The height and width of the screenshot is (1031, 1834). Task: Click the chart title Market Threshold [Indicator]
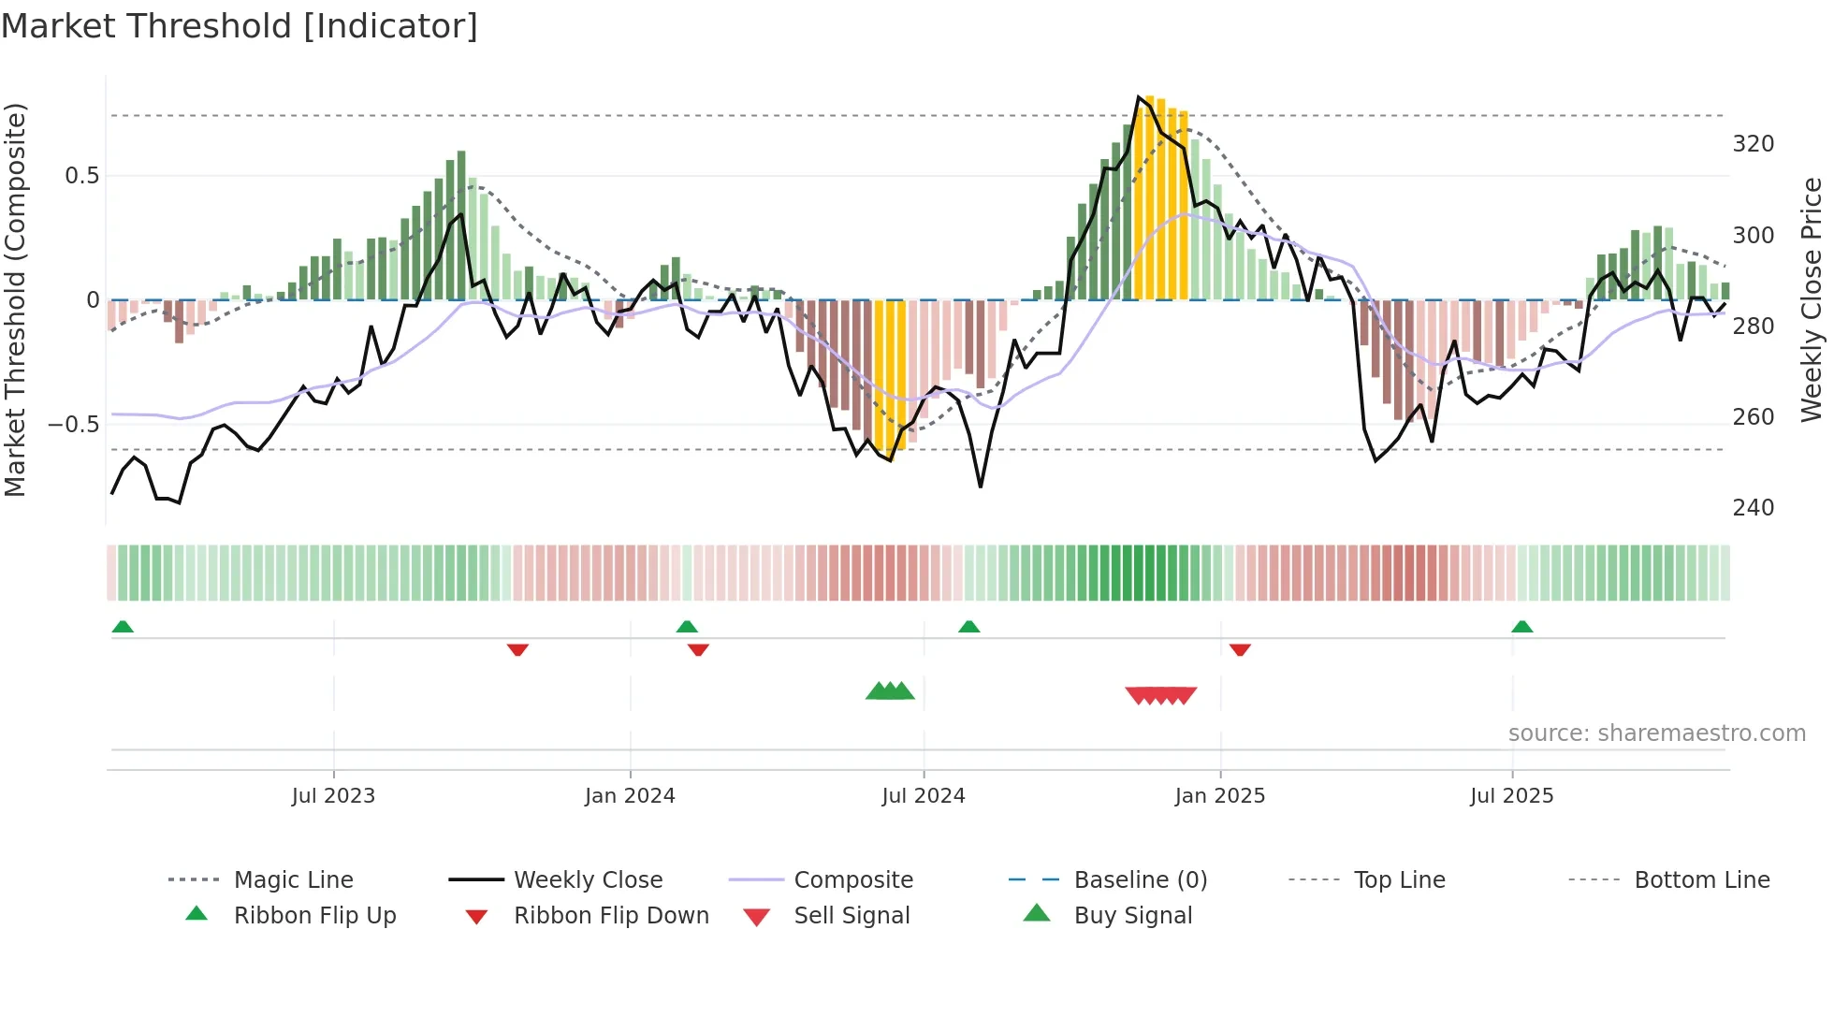240,26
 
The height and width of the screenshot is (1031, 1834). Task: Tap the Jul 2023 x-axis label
333,796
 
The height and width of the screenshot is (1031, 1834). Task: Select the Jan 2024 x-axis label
630,796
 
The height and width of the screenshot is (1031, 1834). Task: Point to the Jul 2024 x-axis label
924,796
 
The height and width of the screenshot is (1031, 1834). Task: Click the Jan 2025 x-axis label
1220,796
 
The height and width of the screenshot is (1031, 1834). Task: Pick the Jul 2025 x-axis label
1512,796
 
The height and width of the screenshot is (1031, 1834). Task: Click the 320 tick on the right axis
1753,144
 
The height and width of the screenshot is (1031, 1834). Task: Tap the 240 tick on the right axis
1753,508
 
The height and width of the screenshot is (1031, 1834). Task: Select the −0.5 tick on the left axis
74,424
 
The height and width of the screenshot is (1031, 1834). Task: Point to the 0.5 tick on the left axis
82,176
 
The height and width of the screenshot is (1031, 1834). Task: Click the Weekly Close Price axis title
1812,299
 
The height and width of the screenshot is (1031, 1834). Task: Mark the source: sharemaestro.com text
1656,733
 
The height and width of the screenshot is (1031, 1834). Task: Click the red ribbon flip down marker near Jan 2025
1240,649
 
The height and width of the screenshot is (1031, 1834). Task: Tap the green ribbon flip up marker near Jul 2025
1521,627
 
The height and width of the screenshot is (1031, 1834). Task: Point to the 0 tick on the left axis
93,300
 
